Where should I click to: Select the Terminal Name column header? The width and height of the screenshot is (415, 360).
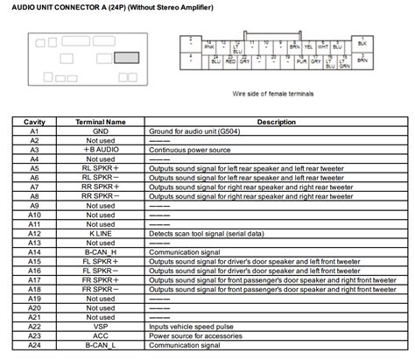click(x=102, y=122)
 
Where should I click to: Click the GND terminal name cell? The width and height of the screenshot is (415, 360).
click(x=102, y=131)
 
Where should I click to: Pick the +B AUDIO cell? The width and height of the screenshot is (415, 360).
click(x=102, y=149)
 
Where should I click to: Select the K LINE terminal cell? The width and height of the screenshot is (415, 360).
click(x=102, y=234)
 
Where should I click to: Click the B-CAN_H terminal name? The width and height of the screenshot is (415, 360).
click(x=102, y=252)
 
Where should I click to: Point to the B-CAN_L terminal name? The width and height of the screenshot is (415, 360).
click(x=102, y=346)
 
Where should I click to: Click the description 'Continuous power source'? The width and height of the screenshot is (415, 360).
click(x=185, y=149)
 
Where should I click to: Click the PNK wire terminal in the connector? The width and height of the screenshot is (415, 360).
click(x=208, y=45)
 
